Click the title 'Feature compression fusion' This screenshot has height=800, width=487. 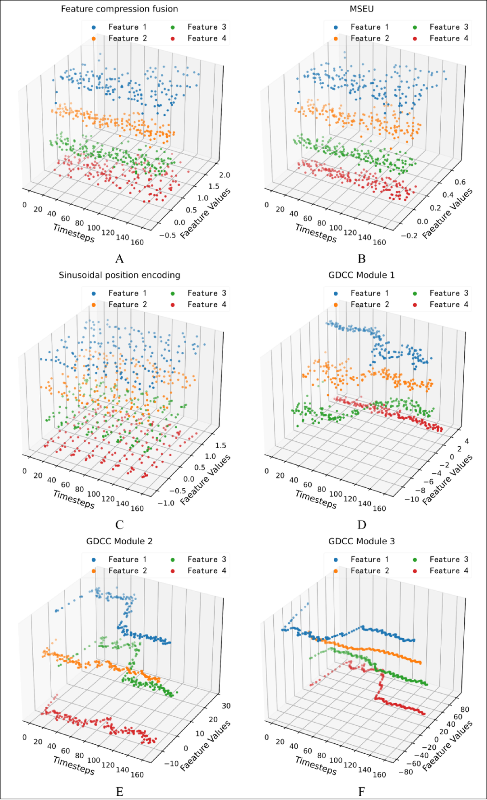tap(119, 9)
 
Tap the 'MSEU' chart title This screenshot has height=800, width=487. tap(361, 9)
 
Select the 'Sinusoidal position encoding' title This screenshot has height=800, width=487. tap(119, 275)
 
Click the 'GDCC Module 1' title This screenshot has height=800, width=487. tap(361, 275)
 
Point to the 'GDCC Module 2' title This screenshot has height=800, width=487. tap(119, 541)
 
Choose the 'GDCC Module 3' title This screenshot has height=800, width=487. tap(361, 541)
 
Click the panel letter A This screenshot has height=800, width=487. tap(119, 259)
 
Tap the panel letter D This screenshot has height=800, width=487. tap(361, 525)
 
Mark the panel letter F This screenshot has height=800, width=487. tap(361, 792)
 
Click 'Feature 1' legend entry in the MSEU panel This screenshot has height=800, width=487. tap(369, 27)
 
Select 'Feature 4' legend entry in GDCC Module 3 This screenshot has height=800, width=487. tap(448, 571)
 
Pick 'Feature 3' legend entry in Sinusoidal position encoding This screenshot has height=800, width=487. tap(206, 293)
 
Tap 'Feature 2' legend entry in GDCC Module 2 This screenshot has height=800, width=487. tap(127, 571)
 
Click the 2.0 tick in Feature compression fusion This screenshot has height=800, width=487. tap(225, 175)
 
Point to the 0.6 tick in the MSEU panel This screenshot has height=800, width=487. tap(460, 182)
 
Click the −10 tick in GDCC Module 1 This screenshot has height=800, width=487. tap(412, 500)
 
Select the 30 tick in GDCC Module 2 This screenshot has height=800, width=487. tap(226, 706)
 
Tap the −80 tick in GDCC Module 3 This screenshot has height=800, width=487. tap(406, 772)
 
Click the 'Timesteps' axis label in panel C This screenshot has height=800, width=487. tap(74, 499)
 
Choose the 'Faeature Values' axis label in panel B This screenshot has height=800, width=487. tap(447, 213)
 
